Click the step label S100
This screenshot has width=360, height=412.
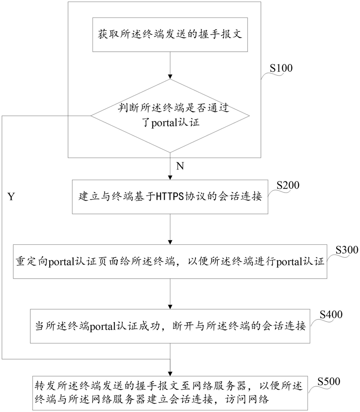[281, 68]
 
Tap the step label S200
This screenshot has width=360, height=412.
[288, 185]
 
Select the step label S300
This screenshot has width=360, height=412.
[347, 250]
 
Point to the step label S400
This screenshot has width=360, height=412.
[331, 314]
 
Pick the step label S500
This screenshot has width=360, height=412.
[329, 381]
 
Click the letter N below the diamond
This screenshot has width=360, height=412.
[180, 166]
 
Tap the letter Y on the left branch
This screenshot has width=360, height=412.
[11, 196]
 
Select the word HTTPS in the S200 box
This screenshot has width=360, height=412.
[170, 196]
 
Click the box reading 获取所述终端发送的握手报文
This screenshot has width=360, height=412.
[170, 35]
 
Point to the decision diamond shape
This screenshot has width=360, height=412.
[170, 116]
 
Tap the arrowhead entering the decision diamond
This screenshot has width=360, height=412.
[170, 77]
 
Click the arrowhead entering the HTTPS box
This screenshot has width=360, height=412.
[170, 178]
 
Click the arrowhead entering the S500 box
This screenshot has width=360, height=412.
[170, 373]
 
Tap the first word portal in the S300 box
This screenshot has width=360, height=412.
[61, 262]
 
